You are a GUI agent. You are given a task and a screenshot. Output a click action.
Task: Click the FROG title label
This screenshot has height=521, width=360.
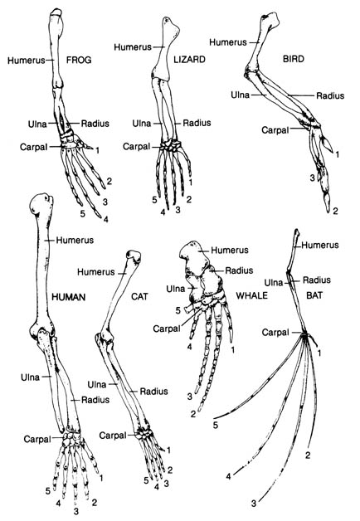(79, 60)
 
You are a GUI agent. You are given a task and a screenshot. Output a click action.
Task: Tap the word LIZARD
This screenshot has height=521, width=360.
(190, 60)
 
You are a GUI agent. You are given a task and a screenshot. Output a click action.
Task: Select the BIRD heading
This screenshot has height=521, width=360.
(294, 59)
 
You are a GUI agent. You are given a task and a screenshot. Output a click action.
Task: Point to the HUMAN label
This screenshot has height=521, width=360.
(69, 297)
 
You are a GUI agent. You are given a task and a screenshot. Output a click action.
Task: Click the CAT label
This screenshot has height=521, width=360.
(140, 296)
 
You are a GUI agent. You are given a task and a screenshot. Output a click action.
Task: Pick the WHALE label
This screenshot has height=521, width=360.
(251, 295)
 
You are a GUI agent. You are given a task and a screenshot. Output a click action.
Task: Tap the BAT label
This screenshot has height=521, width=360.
(314, 295)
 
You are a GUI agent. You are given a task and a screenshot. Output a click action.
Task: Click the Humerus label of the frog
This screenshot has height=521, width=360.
(27, 61)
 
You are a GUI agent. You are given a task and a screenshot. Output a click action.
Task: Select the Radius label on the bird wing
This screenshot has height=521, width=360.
(330, 96)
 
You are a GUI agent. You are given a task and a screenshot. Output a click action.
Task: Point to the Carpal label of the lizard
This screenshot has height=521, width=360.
(137, 147)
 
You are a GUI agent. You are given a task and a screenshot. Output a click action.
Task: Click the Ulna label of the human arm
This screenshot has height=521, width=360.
(30, 377)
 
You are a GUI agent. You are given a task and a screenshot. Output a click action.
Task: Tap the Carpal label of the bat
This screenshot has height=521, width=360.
(275, 333)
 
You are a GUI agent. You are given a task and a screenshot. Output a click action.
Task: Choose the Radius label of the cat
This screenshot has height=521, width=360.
(153, 392)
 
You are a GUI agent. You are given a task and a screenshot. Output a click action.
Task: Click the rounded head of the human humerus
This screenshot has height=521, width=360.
(41, 203)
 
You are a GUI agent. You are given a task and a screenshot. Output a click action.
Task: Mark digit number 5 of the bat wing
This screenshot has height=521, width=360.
(216, 425)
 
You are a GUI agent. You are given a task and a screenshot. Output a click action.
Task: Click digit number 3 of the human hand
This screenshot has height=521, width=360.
(76, 511)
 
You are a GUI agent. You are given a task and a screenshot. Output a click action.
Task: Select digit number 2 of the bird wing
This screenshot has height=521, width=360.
(335, 211)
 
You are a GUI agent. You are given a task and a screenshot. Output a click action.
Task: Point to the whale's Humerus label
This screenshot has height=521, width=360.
(230, 250)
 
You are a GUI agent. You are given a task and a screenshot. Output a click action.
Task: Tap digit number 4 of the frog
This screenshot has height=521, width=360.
(105, 219)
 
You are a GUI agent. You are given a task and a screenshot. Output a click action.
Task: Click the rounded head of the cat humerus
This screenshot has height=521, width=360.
(134, 257)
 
